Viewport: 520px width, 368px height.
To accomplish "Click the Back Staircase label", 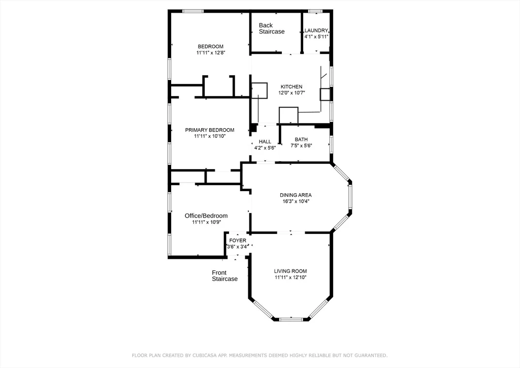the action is point(272,28).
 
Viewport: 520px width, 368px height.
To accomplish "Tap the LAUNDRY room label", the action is point(316,30).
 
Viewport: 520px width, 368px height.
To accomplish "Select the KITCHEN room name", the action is point(291,86).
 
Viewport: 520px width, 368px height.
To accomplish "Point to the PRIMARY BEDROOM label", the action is point(210,130).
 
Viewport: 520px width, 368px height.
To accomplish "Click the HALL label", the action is point(265,142).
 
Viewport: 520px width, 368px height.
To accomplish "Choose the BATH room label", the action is point(301,140).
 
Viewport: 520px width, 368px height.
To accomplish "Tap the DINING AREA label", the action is point(296,195).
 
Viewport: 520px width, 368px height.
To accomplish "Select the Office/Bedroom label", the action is point(206,216).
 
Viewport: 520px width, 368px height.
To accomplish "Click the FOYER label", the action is point(238,240).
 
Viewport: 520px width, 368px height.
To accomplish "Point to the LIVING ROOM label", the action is point(290,271).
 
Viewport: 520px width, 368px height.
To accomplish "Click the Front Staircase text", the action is point(225,276).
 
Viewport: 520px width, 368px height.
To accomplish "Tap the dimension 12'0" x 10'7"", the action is point(291,93).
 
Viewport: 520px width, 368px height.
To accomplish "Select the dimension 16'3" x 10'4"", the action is point(296,201).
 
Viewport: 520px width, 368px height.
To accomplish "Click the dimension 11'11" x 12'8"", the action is point(211,53).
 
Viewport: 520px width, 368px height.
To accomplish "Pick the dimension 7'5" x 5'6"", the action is point(301,146).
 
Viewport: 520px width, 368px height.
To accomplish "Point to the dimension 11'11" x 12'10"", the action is point(290,278).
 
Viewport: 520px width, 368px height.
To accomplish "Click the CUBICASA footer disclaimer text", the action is point(259,355).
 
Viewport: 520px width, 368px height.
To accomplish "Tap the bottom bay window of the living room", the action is point(291,320).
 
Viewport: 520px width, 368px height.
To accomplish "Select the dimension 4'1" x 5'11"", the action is point(316,37).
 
